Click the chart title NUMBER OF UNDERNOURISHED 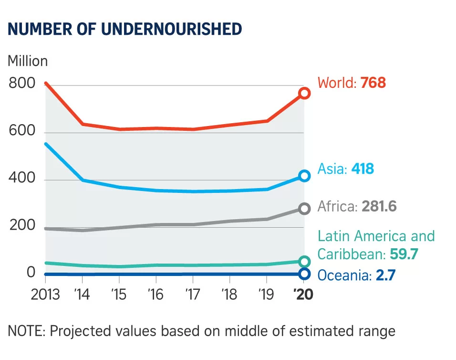tap(125, 29)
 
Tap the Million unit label tap(28, 61)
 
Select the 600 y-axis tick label tap(22, 131)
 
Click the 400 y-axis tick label tap(22, 178)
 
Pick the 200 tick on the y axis tap(22, 225)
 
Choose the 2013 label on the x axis tap(45, 294)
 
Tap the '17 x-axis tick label tap(192, 294)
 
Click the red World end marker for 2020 tap(304, 93)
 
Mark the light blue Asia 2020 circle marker tap(304, 176)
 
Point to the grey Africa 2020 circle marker tap(304, 208)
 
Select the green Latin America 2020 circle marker tap(304, 261)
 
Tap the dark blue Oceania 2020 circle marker tap(304, 274)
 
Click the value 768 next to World tap(373, 83)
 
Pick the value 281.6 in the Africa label tap(379, 206)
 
